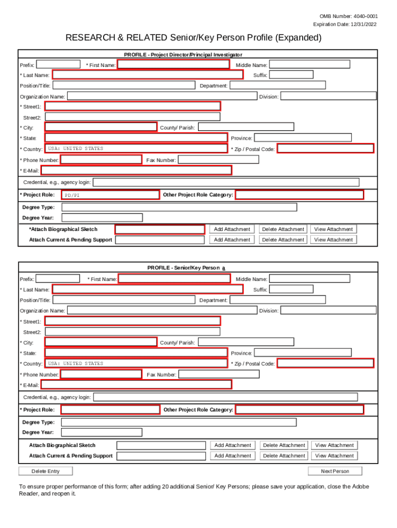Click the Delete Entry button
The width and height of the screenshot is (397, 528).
pos(45,471)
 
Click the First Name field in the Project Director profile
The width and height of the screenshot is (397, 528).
pos(174,64)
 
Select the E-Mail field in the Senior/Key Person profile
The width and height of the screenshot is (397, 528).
pos(136,385)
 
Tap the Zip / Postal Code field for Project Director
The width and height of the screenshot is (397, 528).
pos(325,148)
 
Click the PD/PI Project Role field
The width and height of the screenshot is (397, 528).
pos(110,195)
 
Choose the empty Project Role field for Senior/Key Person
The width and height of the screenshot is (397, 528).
pos(110,409)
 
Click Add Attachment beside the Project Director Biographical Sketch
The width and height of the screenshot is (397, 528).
pos(232,229)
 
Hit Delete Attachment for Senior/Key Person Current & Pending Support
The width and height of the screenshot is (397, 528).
pos(283,456)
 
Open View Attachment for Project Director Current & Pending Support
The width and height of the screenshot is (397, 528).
pos(334,240)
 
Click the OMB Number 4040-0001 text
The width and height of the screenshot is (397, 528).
pos(349,16)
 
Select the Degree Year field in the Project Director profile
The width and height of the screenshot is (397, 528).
pos(102,218)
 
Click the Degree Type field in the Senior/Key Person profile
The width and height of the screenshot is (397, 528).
pos(178,422)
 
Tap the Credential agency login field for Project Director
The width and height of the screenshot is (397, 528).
pos(226,182)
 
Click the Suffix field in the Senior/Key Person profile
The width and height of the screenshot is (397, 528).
pos(291,289)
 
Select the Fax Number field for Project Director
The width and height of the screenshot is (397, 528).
pos(218,160)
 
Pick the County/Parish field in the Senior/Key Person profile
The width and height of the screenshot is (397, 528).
pos(246,342)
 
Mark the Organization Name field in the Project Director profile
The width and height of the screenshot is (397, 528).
pos(162,96)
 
